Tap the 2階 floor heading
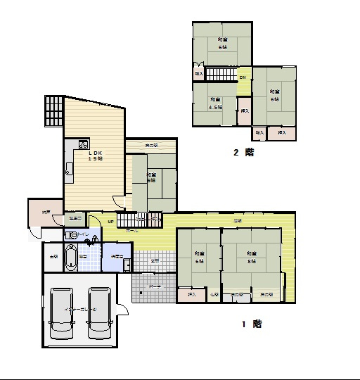click(243, 152)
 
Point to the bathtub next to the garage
click(70, 258)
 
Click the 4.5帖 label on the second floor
click(215, 104)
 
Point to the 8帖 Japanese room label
click(250, 256)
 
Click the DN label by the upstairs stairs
click(243, 77)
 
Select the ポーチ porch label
click(155, 287)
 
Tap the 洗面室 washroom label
click(117, 257)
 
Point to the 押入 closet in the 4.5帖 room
click(244, 110)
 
